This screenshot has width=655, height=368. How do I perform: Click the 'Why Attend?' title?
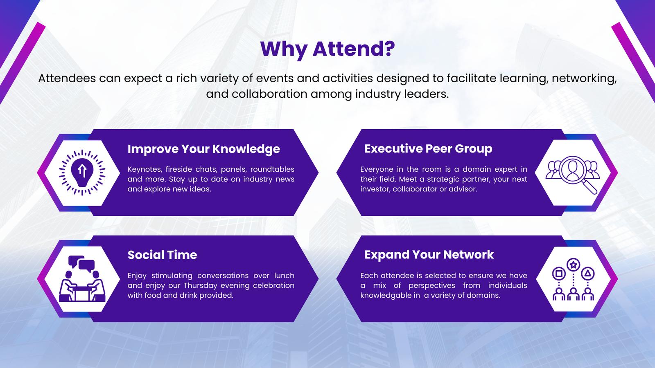click(x=327, y=49)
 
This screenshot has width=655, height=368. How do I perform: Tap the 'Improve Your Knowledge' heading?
click(x=204, y=149)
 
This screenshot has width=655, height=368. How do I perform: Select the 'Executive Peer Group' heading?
click(x=428, y=149)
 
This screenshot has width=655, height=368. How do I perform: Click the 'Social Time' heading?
click(x=162, y=255)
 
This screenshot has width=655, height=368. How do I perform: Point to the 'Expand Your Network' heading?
click(x=429, y=255)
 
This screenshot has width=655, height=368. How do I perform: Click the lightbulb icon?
click(x=82, y=172)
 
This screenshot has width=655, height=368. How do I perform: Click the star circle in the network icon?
click(x=573, y=265)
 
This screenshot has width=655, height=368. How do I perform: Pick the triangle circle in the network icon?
click(x=587, y=274)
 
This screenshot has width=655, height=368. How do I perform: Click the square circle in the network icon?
click(x=559, y=274)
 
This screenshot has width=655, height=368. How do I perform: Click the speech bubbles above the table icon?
click(x=81, y=263)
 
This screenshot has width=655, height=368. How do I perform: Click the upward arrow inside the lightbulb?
click(x=82, y=171)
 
